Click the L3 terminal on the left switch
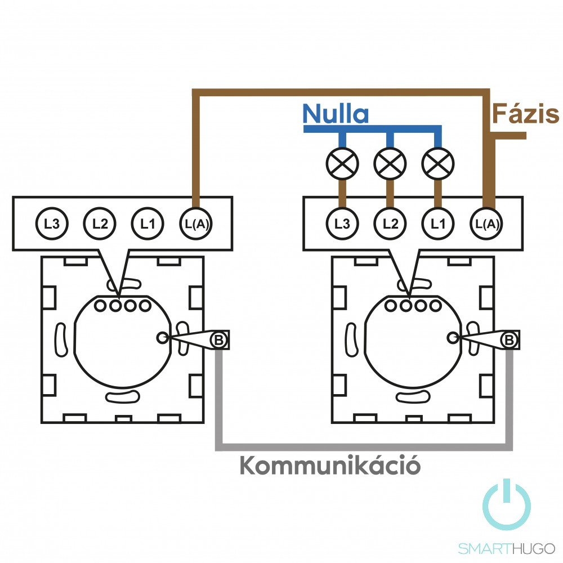(x=52, y=224)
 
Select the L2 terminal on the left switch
(x=100, y=224)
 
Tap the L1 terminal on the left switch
(x=148, y=224)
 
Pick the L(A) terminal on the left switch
(x=195, y=224)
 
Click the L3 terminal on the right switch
(x=342, y=224)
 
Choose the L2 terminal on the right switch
(x=390, y=224)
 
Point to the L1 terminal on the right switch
(x=437, y=224)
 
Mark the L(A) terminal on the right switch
(x=486, y=224)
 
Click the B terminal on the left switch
(x=218, y=339)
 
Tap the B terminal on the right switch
(x=509, y=339)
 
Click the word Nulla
(x=336, y=114)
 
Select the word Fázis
(x=526, y=114)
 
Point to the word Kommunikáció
(x=330, y=467)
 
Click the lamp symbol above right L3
(x=342, y=163)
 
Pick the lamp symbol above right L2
(x=390, y=163)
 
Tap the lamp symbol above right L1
(x=437, y=163)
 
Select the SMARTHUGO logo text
(x=507, y=548)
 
